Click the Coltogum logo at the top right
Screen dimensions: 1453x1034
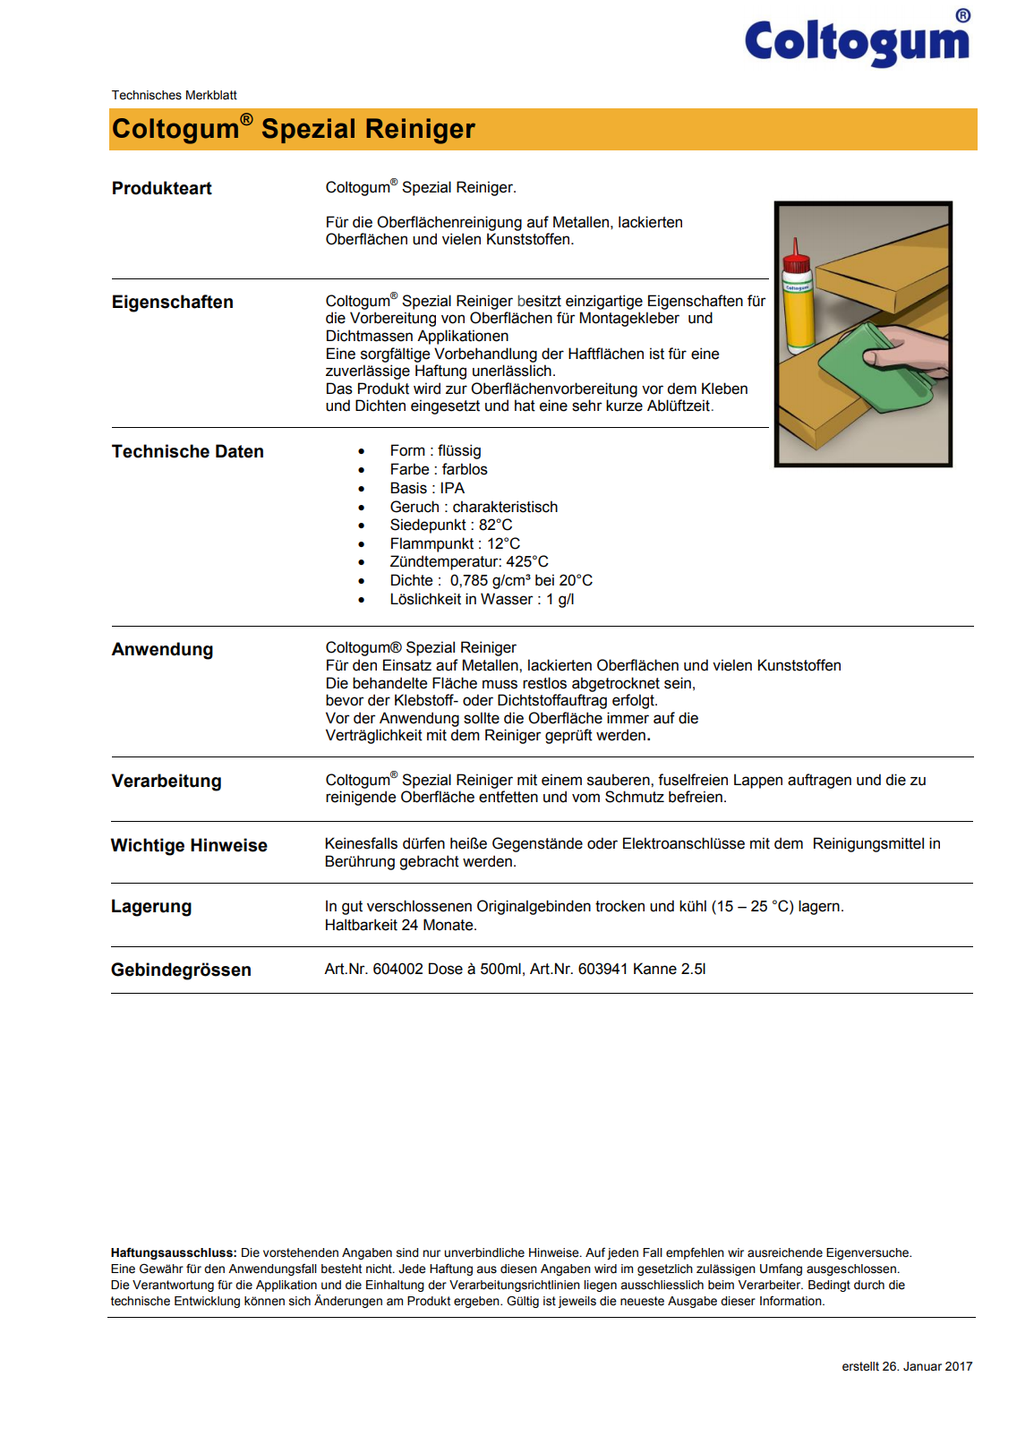pyautogui.click(x=857, y=40)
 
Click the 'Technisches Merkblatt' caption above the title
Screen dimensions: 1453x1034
pyautogui.click(x=174, y=95)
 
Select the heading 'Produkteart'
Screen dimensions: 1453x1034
pyautogui.click(x=161, y=188)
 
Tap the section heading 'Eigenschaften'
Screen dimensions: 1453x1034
pyautogui.click(x=172, y=302)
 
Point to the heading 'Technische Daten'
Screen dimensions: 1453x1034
pyautogui.click(x=187, y=451)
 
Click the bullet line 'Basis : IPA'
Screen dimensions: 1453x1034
pyautogui.click(x=427, y=488)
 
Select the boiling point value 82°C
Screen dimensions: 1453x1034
pyautogui.click(x=495, y=525)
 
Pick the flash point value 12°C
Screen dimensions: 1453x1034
pyautogui.click(x=503, y=543)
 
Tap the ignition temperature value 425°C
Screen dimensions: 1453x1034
pyautogui.click(x=527, y=561)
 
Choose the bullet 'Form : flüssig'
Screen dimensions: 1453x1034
pyautogui.click(x=435, y=450)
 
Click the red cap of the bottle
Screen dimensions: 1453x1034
pyautogui.click(x=795, y=261)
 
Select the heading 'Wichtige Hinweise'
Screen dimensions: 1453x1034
pyautogui.click(x=189, y=845)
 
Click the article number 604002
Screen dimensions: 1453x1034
pyautogui.click(x=398, y=969)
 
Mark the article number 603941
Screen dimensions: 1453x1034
pyautogui.click(x=602, y=969)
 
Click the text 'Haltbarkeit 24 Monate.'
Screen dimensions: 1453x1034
pyautogui.click(x=400, y=925)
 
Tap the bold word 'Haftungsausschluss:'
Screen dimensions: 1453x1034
pyautogui.click(x=174, y=1252)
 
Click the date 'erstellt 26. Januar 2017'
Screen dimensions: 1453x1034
pyautogui.click(x=906, y=1366)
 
